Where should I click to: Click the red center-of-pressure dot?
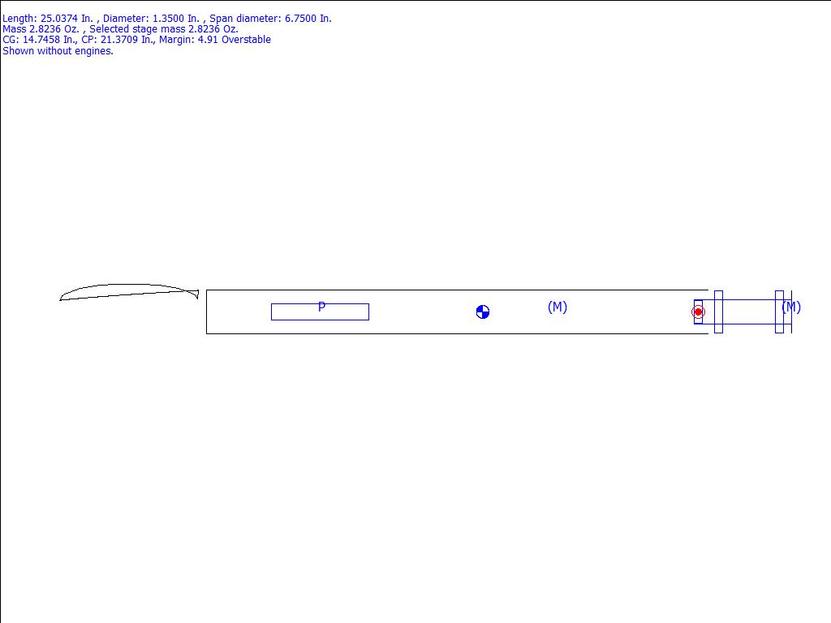coord(698,311)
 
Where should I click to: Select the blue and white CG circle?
coord(483,312)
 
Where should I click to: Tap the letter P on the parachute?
coord(321,307)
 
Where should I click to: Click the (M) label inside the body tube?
coord(558,307)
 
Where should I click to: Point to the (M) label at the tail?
coord(791,307)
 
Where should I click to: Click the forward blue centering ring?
coord(719,312)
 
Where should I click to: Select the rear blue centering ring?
coord(779,312)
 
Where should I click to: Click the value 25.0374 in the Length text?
coord(58,19)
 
